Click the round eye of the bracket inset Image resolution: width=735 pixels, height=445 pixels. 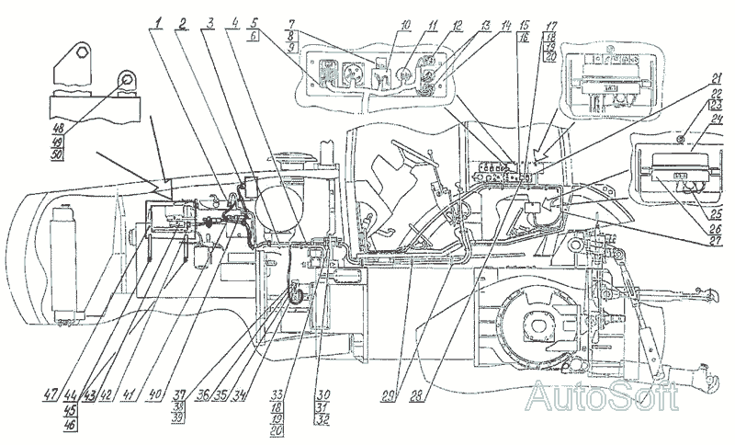(123, 84)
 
